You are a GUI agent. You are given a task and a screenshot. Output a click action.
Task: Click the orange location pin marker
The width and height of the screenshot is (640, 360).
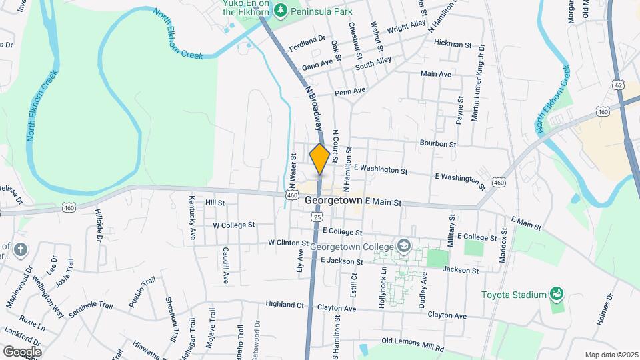click(319, 158)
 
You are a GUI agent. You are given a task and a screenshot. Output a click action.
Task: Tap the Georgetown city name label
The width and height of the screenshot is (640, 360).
click(333, 200)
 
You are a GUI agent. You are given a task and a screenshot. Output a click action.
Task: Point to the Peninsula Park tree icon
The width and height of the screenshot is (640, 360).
click(281, 9)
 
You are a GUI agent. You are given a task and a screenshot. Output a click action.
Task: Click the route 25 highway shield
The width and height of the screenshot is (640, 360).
click(317, 217)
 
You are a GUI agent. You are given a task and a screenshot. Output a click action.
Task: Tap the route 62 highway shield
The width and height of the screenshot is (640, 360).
click(619, 85)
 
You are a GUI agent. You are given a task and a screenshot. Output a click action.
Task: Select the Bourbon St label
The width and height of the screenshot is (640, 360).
click(437, 143)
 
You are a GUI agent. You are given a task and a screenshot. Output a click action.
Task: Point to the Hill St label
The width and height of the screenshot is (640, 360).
click(215, 202)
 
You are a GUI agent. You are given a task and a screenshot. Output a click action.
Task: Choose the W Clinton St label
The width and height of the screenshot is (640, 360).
click(288, 243)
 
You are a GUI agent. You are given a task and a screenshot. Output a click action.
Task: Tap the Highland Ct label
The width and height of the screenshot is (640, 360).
click(285, 305)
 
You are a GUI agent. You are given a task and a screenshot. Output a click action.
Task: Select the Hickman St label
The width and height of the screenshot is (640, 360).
click(452, 44)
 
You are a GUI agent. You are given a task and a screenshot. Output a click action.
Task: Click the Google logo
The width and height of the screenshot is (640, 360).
click(21, 351)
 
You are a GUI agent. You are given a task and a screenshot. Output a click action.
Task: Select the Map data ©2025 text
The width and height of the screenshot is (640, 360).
click(611, 355)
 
